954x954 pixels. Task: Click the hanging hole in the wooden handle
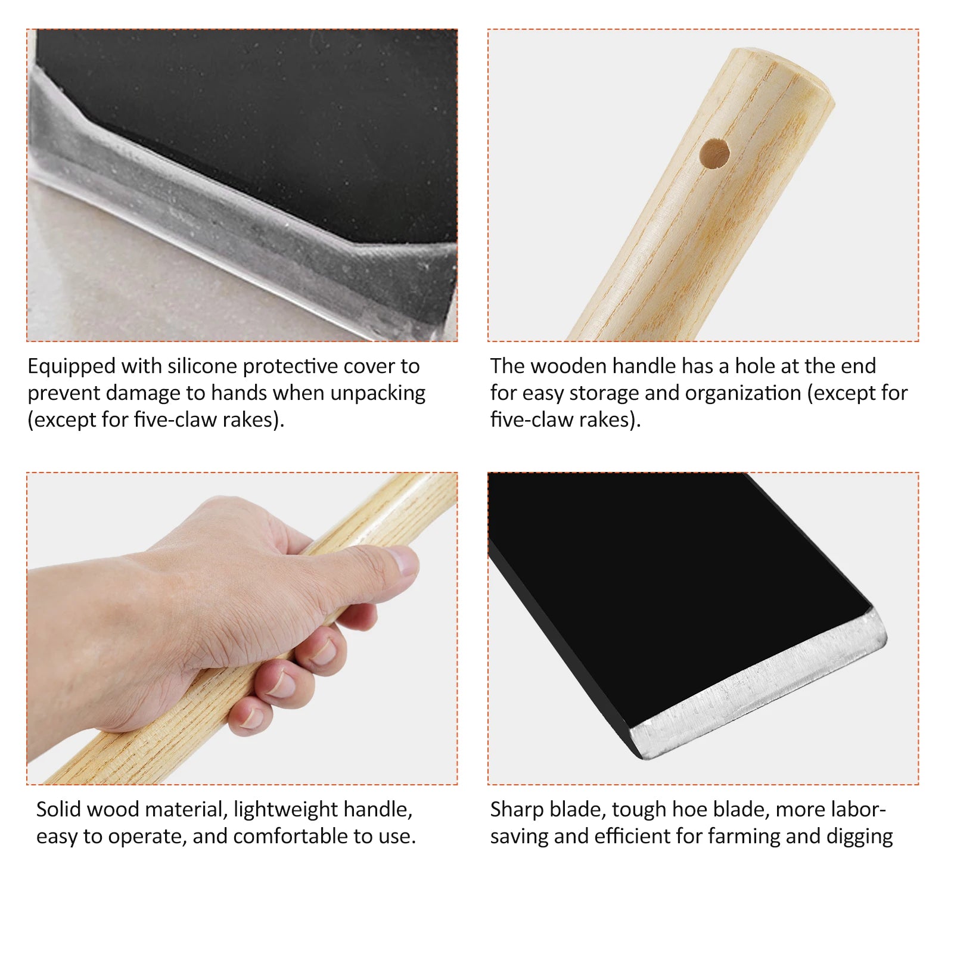pyautogui.click(x=715, y=154)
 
